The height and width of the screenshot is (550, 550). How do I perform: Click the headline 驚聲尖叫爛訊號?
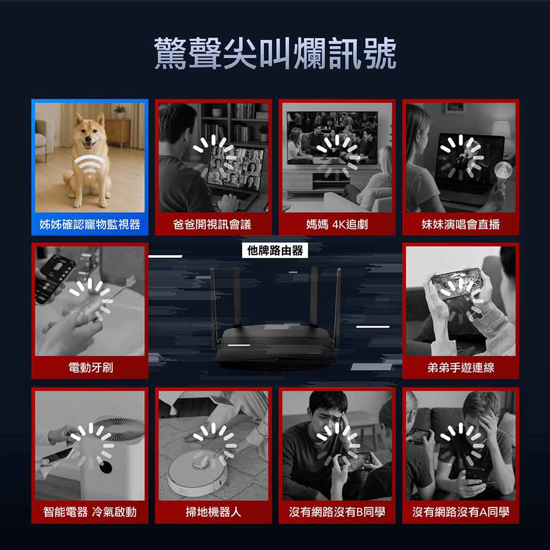pos(275,53)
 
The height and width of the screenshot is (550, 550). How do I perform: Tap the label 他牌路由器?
pos(275,250)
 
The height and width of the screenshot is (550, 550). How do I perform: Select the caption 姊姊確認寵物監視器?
pos(90,224)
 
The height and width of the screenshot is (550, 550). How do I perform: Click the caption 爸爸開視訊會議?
pos(212,224)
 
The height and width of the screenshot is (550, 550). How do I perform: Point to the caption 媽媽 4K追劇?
pos(337,224)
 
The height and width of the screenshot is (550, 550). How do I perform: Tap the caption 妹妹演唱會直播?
pos(460,224)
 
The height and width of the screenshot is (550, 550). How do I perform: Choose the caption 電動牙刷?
pos(91,367)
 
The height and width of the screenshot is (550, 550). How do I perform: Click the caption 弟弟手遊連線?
pos(460,367)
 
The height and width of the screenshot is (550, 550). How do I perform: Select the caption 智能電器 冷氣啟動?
pos(90,512)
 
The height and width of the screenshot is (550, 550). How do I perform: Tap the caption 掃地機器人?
pos(213,512)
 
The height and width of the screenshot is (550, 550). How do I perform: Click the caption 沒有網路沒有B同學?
pos(337,512)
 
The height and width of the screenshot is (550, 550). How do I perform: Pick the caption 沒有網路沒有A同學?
pos(460,512)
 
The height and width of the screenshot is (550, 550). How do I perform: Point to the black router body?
pos(276,345)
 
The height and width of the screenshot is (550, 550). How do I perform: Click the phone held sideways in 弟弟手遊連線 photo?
pos(457,283)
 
